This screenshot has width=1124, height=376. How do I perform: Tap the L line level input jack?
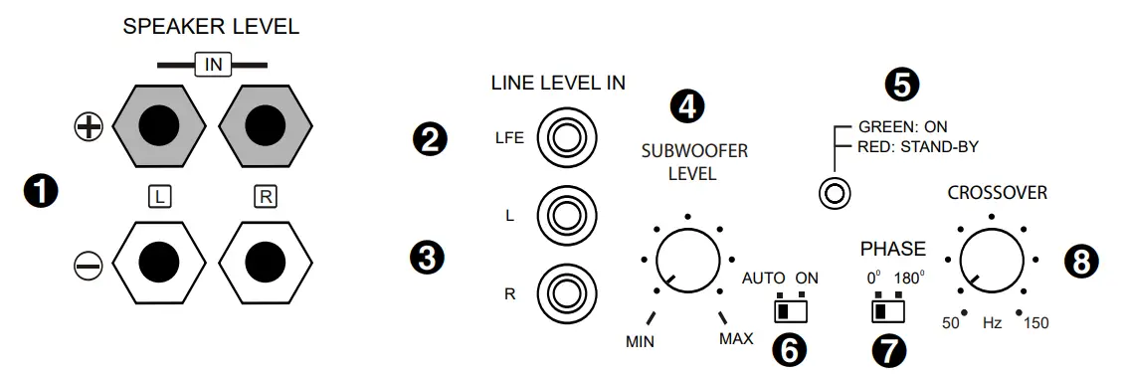(565, 214)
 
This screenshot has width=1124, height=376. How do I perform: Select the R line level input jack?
(565, 292)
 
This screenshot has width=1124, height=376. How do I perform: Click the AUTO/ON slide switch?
(790, 311)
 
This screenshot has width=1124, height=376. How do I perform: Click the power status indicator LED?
(834, 192)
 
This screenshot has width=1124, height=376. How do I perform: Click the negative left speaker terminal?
(159, 263)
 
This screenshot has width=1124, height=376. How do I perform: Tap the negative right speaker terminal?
(265, 263)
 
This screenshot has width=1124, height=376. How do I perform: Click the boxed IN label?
(212, 65)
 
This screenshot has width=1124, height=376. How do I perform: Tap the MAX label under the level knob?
(736, 339)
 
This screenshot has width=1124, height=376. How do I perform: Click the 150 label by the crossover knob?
(1034, 323)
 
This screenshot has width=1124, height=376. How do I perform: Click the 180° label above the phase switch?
(909, 278)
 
